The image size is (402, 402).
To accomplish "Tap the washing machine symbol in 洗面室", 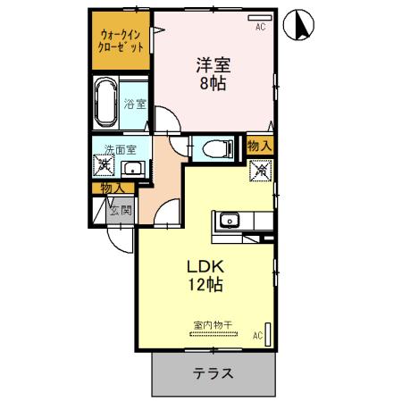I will click(105, 165).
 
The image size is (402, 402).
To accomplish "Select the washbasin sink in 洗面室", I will click(133, 167).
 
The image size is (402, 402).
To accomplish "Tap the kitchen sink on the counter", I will click(229, 219).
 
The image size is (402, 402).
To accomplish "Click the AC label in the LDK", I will click(256, 336).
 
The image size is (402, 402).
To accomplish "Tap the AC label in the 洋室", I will click(261, 28).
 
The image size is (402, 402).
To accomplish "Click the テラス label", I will click(214, 373).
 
